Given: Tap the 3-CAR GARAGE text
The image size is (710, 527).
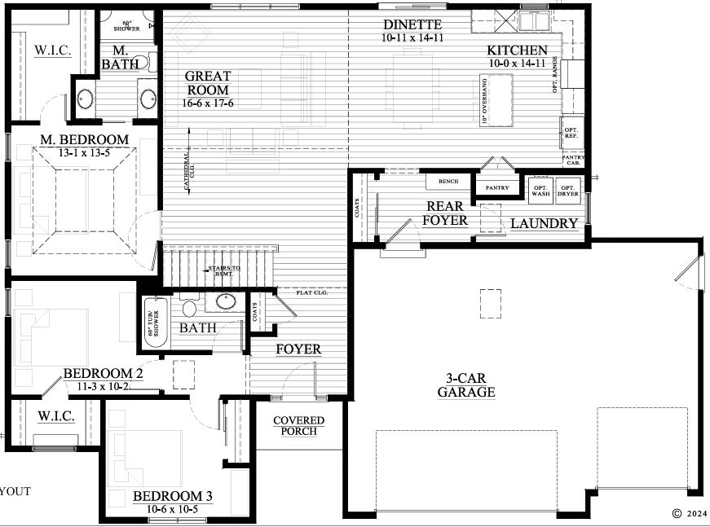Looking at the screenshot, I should (465, 385).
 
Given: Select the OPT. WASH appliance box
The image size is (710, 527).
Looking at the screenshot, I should (540, 189).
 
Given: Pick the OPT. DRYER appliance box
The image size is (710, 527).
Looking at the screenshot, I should (567, 189).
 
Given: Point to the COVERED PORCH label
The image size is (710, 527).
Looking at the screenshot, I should (298, 425).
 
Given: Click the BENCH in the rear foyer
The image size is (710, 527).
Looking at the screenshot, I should (447, 182).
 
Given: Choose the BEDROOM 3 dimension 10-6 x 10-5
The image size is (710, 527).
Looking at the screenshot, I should (172, 509).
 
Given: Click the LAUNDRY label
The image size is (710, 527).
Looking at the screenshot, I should (545, 223).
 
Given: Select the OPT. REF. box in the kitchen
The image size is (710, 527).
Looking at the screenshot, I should (571, 132).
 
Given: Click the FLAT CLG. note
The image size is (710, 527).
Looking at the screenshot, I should (311, 292).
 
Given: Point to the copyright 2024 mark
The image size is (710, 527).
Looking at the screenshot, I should (690, 513).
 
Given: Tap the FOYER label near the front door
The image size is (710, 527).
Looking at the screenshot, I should (298, 349).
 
